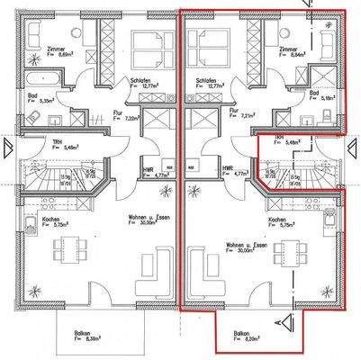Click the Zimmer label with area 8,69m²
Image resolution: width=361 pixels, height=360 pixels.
click(x=38, y=51)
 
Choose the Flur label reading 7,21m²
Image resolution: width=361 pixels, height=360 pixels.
click(x=239, y=114)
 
